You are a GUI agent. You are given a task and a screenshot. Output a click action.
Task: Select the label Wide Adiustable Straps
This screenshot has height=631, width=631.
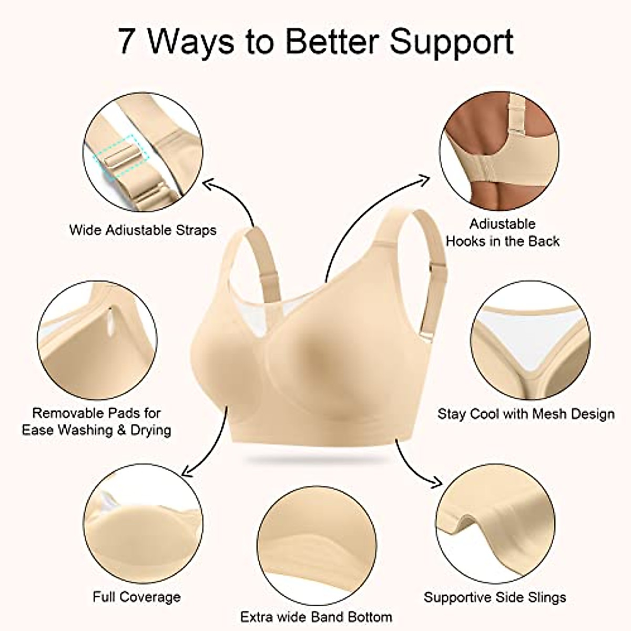tap(143, 230)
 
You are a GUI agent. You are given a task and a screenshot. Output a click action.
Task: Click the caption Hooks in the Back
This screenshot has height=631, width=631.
tap(502, 241)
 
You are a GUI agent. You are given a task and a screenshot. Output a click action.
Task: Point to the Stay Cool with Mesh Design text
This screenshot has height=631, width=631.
tap(526, 414)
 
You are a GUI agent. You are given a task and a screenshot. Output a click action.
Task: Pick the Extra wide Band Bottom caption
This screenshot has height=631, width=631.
tap(316, 616)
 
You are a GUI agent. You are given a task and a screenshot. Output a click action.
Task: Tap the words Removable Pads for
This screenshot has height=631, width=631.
tap(96, 413)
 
